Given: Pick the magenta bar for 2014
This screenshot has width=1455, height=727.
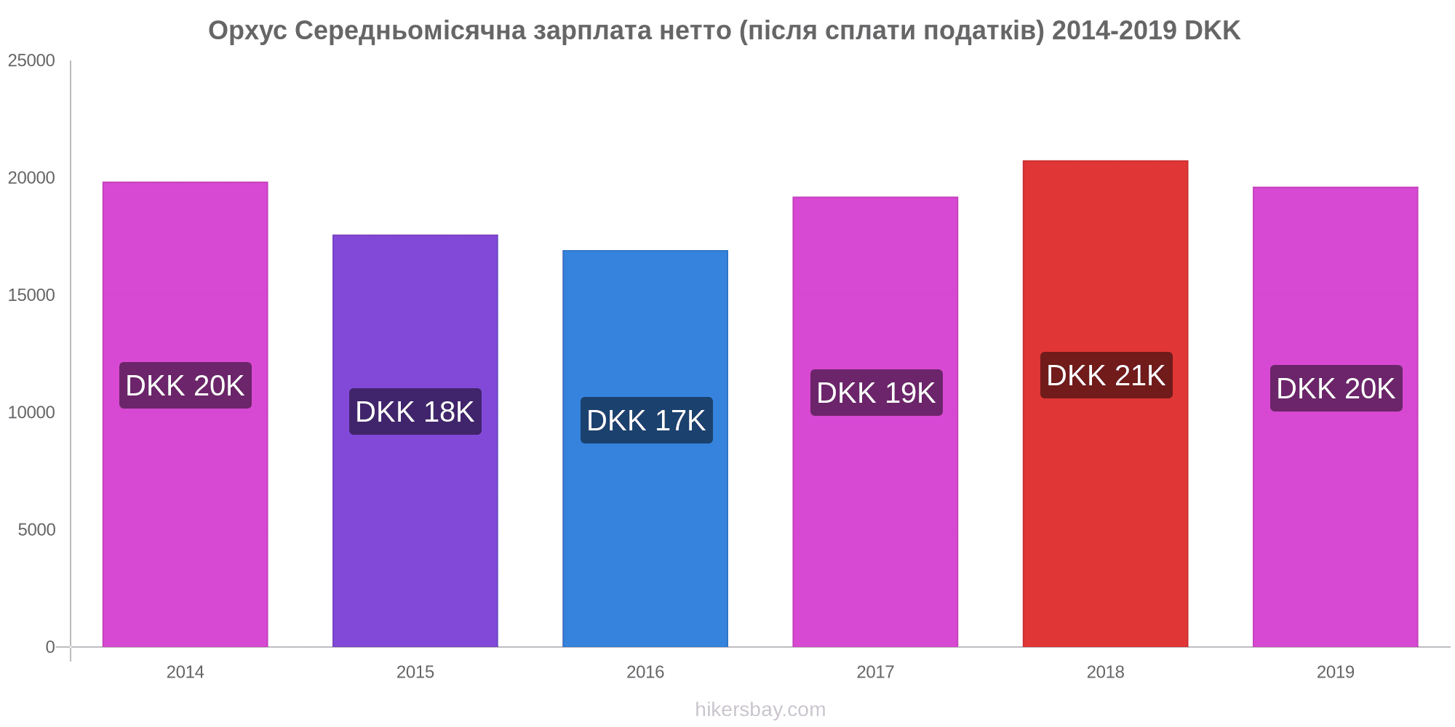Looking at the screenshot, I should pos(186,523).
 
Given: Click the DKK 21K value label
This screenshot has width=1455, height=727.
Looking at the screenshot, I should pos(1106,375).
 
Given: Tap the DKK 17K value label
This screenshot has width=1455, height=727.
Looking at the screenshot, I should pos(646,420).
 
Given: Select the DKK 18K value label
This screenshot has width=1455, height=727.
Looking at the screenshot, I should pos(415,411).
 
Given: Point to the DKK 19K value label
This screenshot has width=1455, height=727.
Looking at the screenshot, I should pos(876,393).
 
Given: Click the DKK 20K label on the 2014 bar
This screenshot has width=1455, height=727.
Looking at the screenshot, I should pos(186,385).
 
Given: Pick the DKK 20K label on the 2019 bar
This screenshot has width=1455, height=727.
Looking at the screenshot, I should pos(1336,388).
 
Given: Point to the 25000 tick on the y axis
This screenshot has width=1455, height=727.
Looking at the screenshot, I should pos(32,60).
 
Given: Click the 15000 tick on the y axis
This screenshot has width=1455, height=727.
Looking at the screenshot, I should pos(32,295).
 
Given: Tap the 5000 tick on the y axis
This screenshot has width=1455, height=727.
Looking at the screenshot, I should pos(37,530).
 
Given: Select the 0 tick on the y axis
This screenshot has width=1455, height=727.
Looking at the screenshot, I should pos(50,647).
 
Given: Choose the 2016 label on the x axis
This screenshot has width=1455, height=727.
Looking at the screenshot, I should pos(645,672).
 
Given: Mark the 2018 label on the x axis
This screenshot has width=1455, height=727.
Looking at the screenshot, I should pos(1105,672).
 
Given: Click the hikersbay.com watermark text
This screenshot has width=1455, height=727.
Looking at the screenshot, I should pos(760,710).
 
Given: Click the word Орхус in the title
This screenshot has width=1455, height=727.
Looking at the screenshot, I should pos(247,31).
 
